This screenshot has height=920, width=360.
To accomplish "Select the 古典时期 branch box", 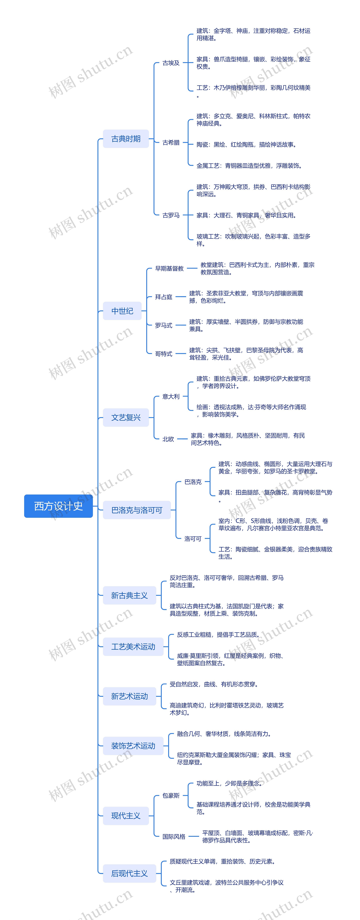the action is pos(126,139).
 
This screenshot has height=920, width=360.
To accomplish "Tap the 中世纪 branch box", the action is pos(122,311).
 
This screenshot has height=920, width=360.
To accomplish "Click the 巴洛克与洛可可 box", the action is pos(137,510).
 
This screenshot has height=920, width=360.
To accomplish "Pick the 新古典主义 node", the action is pos(129,595).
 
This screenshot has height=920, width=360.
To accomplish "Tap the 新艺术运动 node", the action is pos(129,696).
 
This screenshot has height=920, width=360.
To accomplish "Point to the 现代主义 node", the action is pos(126,816).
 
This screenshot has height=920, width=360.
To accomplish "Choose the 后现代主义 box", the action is pos(129,873).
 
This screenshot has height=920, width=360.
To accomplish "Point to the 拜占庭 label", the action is pos(164,297).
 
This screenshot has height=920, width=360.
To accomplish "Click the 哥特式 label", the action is pos(164,354).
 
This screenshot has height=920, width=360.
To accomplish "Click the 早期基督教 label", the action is pos(169,268).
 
